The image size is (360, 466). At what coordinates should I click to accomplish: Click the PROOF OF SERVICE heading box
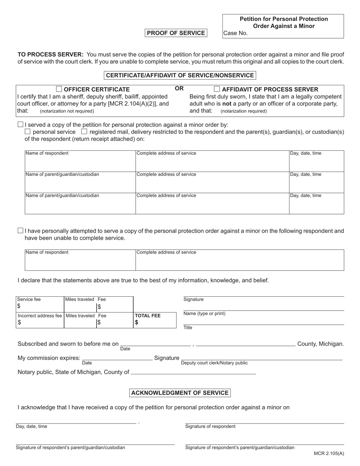[x=176, y=33]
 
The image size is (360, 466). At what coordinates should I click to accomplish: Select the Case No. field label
[x=235, y=33]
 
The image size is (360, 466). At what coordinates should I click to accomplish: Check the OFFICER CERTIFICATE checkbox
[x=59, y=89]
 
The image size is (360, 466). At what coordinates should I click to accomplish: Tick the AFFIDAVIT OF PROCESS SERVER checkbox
[x=217, y=89]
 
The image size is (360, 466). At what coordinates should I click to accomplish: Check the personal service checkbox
[x=28, y=132]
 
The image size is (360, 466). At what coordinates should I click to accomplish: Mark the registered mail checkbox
[x=84, y=132]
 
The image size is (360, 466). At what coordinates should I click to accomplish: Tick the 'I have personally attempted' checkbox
[x=20, y=231]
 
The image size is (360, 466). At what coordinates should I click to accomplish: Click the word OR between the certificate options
[x=179, y=89]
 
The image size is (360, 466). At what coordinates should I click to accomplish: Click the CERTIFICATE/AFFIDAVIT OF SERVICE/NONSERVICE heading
[x=180, y=75]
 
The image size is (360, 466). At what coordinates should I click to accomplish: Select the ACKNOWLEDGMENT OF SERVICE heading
[x=180, y=393]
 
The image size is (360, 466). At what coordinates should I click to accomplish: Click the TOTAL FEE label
[x=148, y=316]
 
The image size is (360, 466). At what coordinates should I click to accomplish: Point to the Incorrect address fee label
[x=39, y=316]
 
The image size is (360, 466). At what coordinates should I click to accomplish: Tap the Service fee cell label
[x=29, y=299]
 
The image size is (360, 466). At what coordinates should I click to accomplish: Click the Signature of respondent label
[x=210, y=426]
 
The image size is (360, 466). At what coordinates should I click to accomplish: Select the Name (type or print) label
[x=204, y=313]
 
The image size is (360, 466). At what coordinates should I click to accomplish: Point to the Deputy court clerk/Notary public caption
[x=214, y=363]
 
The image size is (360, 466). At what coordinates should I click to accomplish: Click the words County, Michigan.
[x=321, y=344]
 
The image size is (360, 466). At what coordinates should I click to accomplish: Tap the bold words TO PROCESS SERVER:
[x=50, y=55]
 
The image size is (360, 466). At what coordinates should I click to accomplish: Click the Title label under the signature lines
[x=188, y=328]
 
